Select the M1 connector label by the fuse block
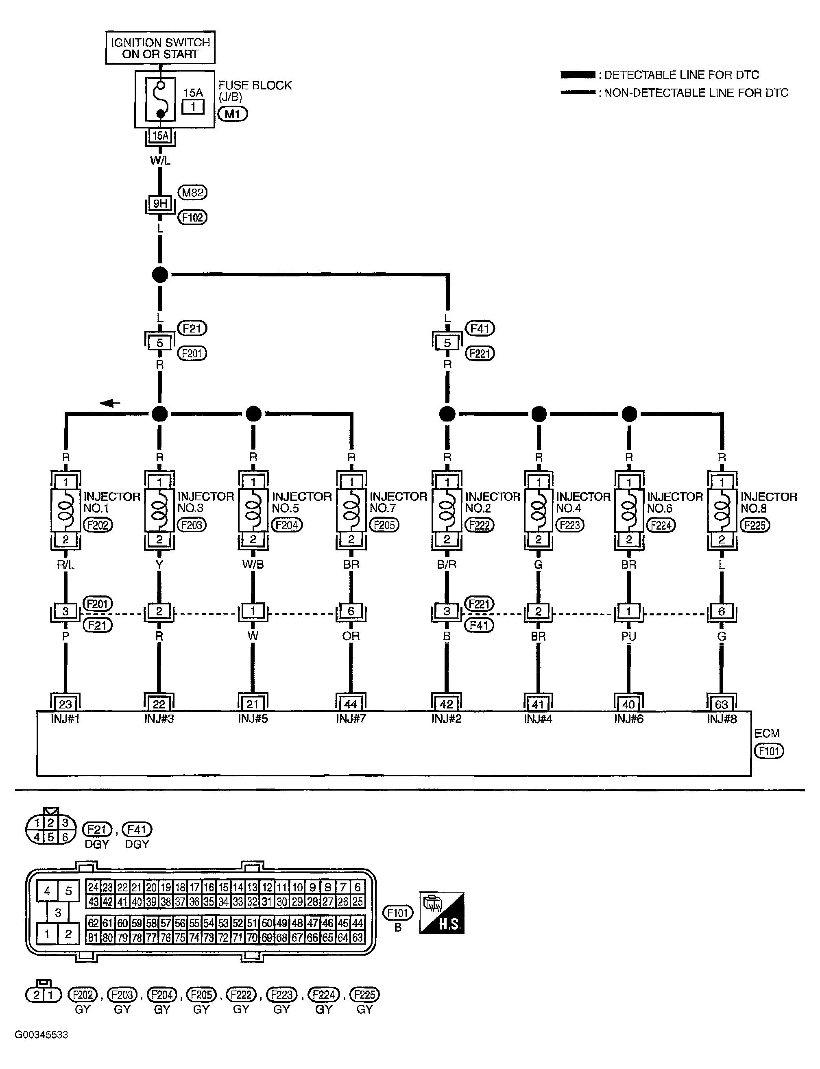pyautogui.click(x=232, y=114)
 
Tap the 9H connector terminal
pyautogui.click(x=160, y=203)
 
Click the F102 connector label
pyautogui.click(x=192, y=217)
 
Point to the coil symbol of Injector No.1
pyautogui.click(x=66, y=510)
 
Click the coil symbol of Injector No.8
pyautogui.click(x=722, y=510)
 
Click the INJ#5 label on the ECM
pyautogui.click(x=253, y=719)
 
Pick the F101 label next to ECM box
pyautogui.click(x=769, y=751)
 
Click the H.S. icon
pyautogui.click(x=442, y=913)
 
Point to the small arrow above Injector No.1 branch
pyautogui.click(x=110, y=403)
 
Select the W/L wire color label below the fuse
pyautogui.click(x=160, y=161)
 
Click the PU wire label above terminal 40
pyautogui.click(x=629, y=636)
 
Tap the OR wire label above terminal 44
pyautogui.click(x=351, y=636)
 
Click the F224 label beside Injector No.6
pyautogui.click(x=661, y=525)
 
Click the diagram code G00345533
pyautogui.click(x=41, y=1035)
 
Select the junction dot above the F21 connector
pyautogui.click(x=160, y=274)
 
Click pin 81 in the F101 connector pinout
pyautogui.click(x=94, y=937)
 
